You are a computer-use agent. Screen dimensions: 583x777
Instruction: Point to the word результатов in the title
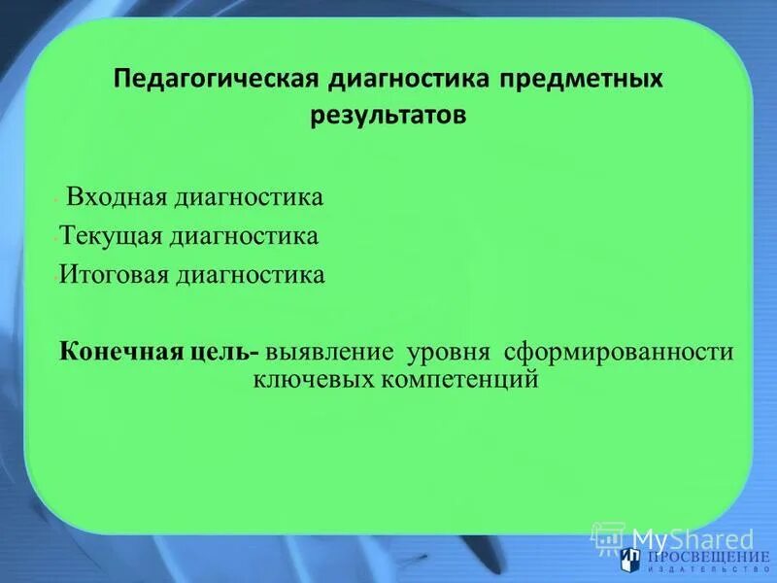[388, 116]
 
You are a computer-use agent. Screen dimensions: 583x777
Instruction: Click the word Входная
[115, 198]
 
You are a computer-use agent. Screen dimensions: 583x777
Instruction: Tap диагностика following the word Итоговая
[252, 275]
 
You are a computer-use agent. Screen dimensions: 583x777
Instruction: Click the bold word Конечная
[118, 352]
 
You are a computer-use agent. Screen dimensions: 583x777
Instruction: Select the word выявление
[336, 352]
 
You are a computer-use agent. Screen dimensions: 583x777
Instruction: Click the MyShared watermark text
[692, 538]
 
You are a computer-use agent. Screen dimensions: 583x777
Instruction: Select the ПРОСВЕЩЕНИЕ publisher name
[702, 556]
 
